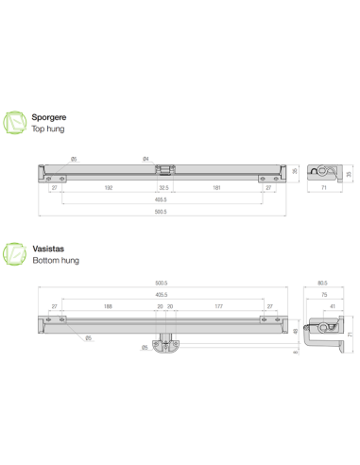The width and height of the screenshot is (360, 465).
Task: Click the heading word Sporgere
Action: tap(49, 116)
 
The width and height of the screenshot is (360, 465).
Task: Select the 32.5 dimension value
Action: tap(165, 189)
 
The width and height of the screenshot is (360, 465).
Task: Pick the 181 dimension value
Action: tap(218, 189)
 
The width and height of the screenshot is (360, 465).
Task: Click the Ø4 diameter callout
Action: tap(145, 158)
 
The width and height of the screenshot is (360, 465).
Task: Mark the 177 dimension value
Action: tap(218, 307)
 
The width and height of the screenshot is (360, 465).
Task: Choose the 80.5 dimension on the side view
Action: tap(322, 282)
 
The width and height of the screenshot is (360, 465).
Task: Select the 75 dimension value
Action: tap(324, 294)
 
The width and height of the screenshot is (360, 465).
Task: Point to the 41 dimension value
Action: tap(333, 306)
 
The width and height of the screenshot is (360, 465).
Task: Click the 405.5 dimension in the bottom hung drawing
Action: tap(161, 294)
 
